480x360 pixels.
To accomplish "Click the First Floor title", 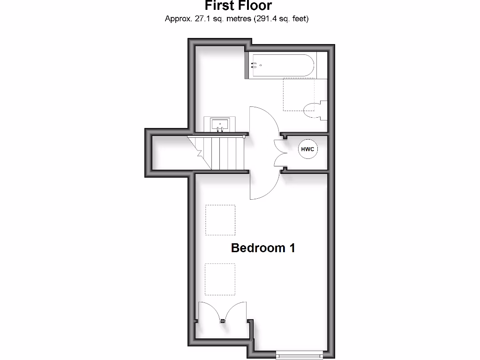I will coord(238,6).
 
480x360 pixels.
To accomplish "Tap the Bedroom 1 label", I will coord(263,248).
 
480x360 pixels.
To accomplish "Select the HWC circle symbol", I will coord(307,149).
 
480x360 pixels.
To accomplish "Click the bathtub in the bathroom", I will coord(282,66).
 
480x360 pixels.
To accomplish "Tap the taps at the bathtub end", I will coord(254,66).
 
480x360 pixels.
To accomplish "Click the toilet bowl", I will coord(312,110).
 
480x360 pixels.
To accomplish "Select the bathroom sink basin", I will coord(219,125).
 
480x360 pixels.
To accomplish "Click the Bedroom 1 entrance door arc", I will coord(263,185).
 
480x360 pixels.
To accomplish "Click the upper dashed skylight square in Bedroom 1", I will coord(220,220).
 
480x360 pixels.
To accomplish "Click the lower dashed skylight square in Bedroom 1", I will coord(220,279).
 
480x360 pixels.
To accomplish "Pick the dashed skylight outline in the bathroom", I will coord(298,94).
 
